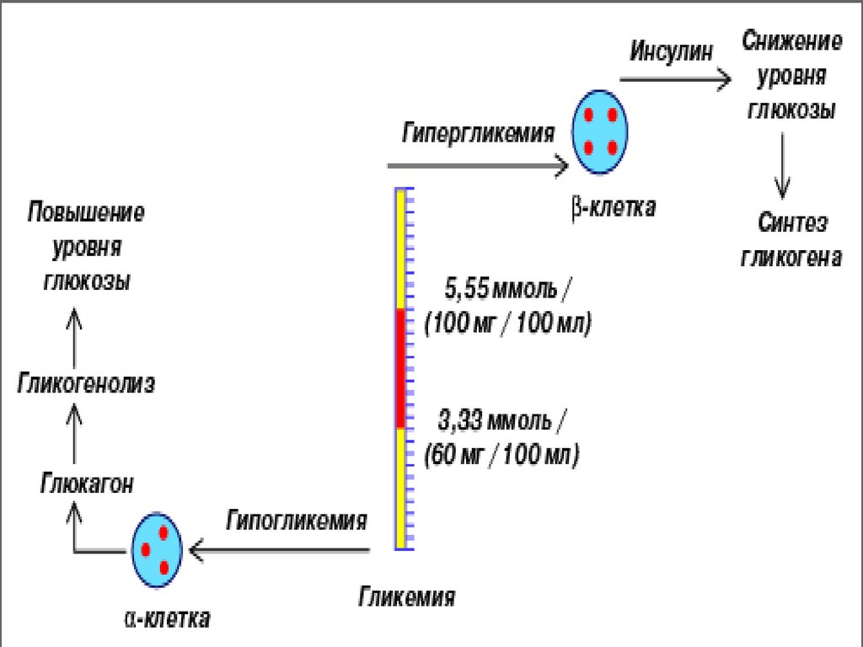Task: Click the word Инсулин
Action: point(673,51)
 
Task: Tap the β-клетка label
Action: point(613,207)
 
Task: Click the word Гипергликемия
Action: point(479,133)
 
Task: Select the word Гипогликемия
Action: point(297,520)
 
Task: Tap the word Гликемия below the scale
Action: point(408,597)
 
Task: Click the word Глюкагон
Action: point(86,484)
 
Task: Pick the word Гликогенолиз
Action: point(86,384)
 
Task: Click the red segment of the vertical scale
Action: point(401,368)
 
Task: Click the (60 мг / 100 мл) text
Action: point(503,457)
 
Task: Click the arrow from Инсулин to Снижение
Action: point(675,80)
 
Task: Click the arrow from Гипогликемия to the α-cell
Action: point(279,551)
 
